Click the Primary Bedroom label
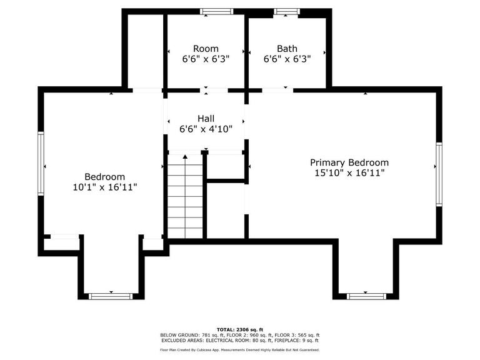[x=349, y=162]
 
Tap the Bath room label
[x=287, y=49]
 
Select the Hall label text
[x=206, y=119]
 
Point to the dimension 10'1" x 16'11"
[x=105, y=187]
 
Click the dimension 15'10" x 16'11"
[x=349, y=173]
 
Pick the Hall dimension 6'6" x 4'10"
[x=206, y=129]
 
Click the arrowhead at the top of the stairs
[x=185, y=157]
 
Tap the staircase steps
[x=185, y=196]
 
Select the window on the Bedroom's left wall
[x=41, y=164]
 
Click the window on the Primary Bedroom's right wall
[x=439, y=174]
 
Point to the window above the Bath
[x=286, y=12]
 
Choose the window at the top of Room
[x=217, y=12]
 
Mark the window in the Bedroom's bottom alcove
[x=111, y=296]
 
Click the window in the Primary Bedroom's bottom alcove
[x=366, y=296]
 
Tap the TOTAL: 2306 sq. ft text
[x=240, y=330]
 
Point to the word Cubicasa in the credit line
[x=202, y=350]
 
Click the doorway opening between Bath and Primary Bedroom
[x=277, y=90]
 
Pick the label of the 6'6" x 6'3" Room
[x=206, y=49]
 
